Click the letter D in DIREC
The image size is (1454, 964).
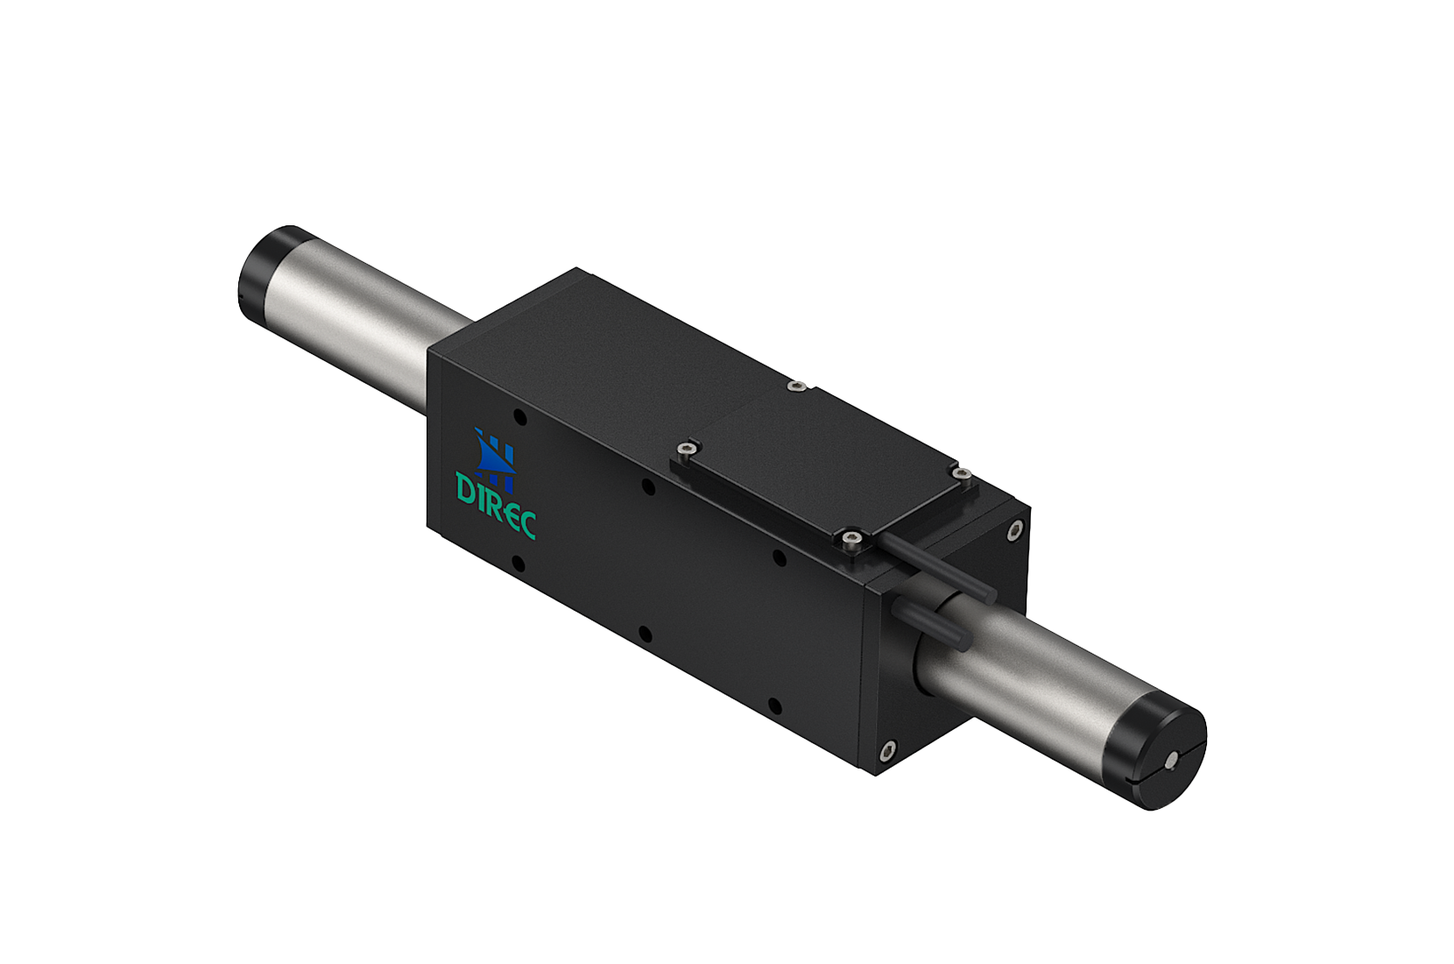point(464,487)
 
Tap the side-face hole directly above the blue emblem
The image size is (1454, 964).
point(519,418)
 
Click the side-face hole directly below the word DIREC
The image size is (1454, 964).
point(518,561)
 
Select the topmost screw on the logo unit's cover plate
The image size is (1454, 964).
point(795,386)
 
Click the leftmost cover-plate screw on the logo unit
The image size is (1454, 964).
point(685,450)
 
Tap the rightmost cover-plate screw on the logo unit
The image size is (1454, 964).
point(962,474)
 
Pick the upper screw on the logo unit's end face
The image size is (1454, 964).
point(1015,529)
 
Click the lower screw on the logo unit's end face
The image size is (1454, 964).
point(887,750)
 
